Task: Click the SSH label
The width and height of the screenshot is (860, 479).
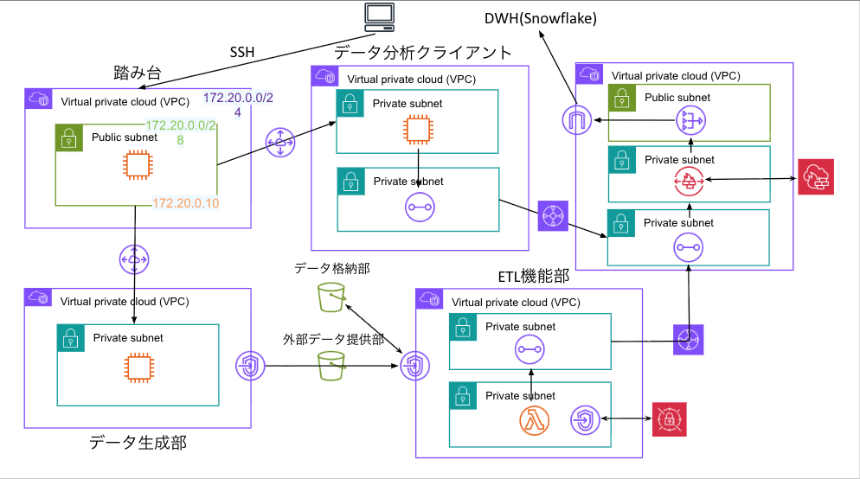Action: (242, 52)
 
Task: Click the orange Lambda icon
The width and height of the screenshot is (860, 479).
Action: (535, 421)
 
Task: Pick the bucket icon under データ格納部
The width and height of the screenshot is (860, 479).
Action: (329, 297)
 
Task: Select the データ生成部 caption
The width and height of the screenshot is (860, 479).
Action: (138, 443)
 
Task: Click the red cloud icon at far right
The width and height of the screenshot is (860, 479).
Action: (815, 177)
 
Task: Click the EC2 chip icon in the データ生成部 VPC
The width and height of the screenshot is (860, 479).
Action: (136, 369)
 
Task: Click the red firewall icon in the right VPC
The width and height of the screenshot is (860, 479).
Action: (690, 181)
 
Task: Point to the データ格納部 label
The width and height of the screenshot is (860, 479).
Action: (332, 269)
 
